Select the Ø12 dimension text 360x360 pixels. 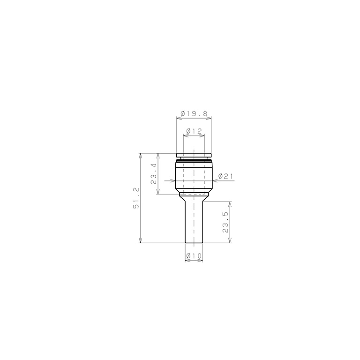tap(194, 131)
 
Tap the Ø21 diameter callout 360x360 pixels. tap(226, 177)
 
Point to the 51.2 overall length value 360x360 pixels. tap(136, 197)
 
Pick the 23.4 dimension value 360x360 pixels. tap(154, 173)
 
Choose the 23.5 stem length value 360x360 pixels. tap(225, 222)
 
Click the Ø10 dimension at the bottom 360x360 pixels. tap(194, 256)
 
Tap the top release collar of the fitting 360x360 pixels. tap(194, 155)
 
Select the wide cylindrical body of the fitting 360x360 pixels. tap(194, 177)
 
